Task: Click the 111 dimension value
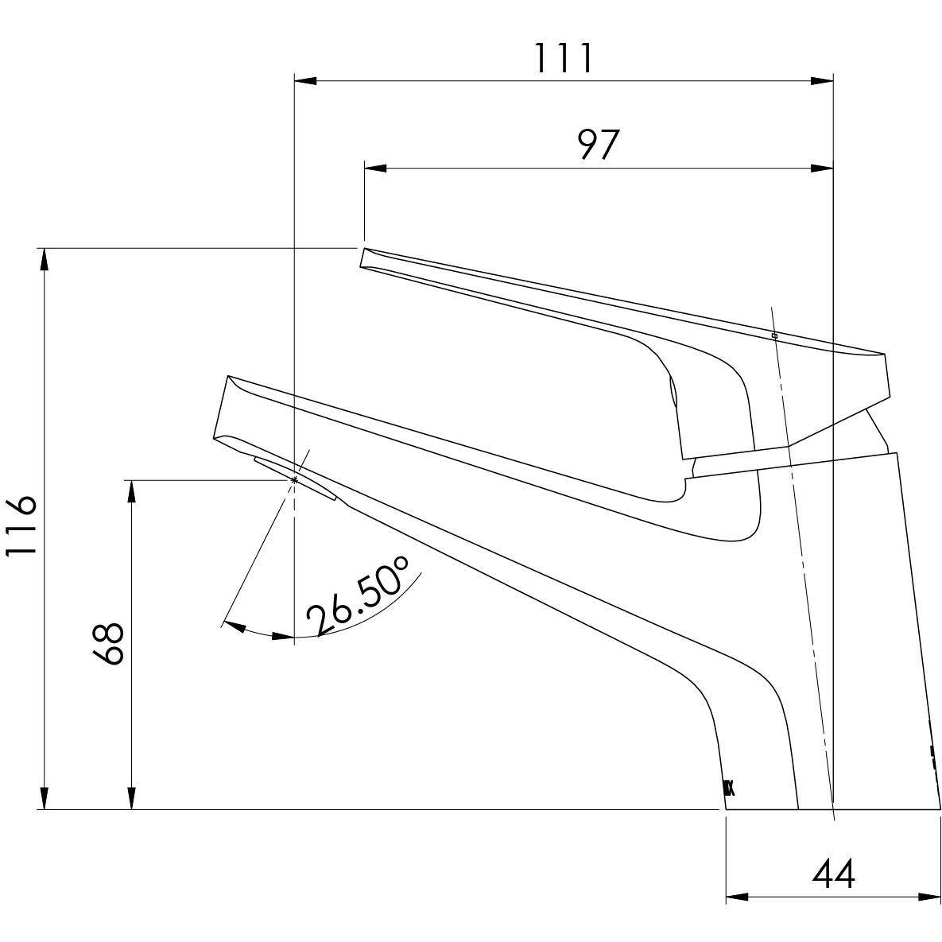pyautogui.click(x=562, y=58)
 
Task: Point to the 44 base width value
pyautogui.click(x=833, y=875)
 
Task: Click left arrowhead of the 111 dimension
pyautogui.click(x=305, y=80)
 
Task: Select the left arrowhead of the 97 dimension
pyautogui.click(x=374, y=168)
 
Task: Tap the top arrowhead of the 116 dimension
pyautogui.click(x=45, y=259)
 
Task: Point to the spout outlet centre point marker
pyautogui.click(x=295, y=479)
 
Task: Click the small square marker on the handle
pyautogui.click(x=774, y=336)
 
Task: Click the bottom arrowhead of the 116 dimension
pyautogui.click(x=45, y=799)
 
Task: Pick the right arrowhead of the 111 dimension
pyautogui.click(x=822, y=80)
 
